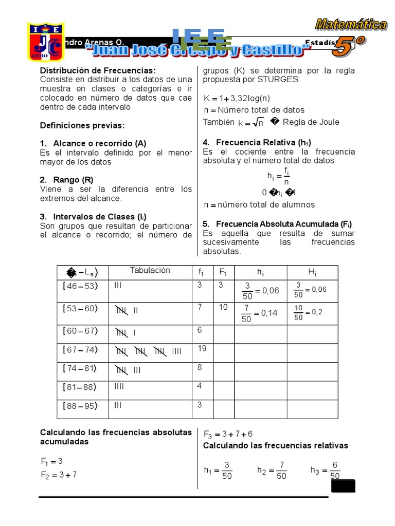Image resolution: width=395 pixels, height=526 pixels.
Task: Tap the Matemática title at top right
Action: point(351,24)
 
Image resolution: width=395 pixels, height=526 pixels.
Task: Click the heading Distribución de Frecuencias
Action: point(98,70)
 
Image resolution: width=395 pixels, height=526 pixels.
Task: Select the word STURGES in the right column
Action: point(280,80)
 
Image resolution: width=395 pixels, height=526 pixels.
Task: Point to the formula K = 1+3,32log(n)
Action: point(237,98)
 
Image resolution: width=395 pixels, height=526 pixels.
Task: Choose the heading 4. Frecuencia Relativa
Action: point(257,142)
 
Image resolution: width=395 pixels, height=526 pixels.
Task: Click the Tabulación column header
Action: point(150,271)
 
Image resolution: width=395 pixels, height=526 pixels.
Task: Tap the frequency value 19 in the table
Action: point(202,348)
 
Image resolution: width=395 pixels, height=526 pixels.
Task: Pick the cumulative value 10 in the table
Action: point(222,307)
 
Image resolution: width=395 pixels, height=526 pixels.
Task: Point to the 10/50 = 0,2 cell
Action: point(308,312)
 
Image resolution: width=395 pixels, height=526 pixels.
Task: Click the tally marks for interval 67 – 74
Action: point(149,351)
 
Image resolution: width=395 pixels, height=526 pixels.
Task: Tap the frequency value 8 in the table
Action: point(200,367)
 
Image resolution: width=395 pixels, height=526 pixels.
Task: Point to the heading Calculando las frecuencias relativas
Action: point(275,445)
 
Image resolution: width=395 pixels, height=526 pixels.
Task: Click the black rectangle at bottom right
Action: point(343,486)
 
